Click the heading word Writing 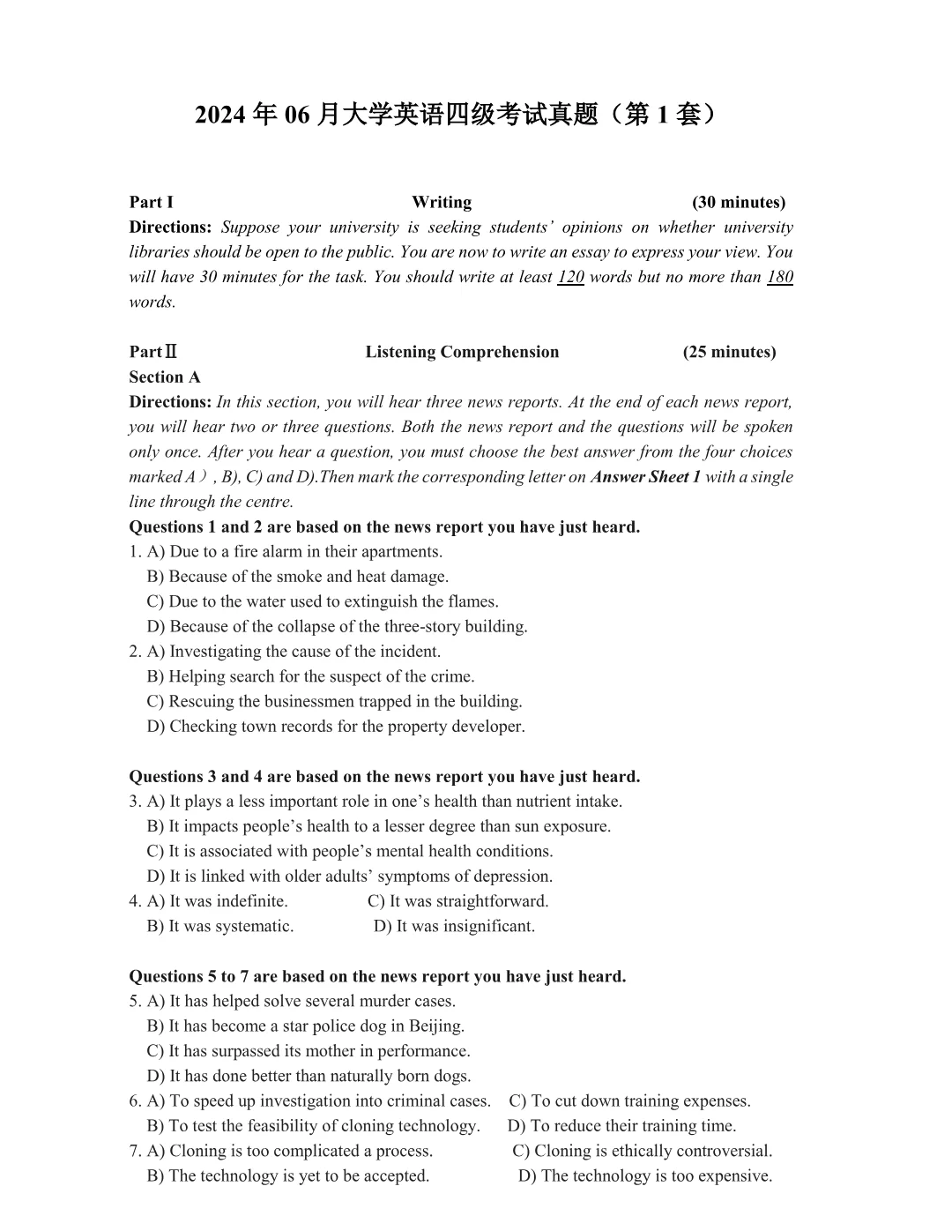[x=442, y=202]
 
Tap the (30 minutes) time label [x=739, y=202]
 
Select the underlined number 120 [x=570, y=277]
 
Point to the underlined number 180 [x=780, y=277]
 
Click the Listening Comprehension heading [x=462, y=352]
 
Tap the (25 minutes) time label [x=729, y=352]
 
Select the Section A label [x=165, y=377]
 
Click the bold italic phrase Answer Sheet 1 [x=645, y=477]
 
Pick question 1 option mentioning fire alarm [x=295, y=552]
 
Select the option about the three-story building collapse [x=338, y=627]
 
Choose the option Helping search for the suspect [x=311, y=676]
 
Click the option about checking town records [x=337, y=727]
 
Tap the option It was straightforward [x=458, y=901]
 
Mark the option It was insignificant [x=455, y=926]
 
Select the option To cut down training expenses [x=630, y=1100]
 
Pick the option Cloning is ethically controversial [x=643, y=1151]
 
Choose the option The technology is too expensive [x=645, y=1175]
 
